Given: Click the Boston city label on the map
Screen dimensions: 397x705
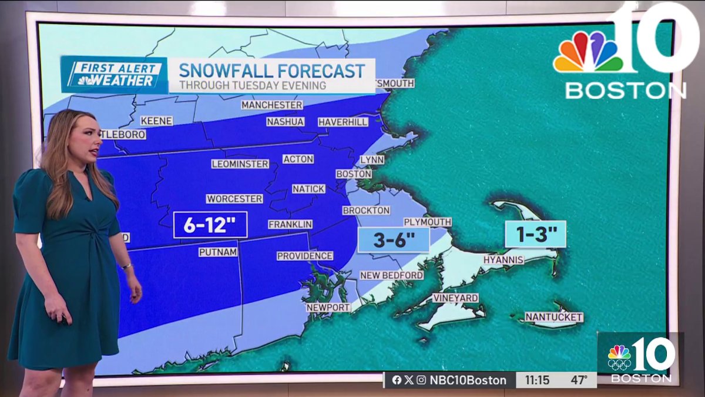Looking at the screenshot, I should pos(354,174).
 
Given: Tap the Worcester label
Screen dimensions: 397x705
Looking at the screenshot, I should pos(234,199).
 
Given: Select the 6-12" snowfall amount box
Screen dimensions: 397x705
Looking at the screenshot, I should pos(210,225).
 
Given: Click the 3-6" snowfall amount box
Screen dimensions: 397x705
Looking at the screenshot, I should pos(394,240).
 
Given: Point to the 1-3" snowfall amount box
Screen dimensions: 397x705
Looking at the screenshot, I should pos(535,234).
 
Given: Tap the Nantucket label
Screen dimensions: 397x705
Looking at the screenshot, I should pos(553,317).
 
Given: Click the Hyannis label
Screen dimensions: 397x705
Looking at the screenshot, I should pos(503,259).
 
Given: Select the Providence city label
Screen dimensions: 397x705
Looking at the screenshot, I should pos(304,256).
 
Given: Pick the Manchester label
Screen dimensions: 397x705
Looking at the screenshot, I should pos(271,105).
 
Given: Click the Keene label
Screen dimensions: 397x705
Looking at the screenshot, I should pos(156,121).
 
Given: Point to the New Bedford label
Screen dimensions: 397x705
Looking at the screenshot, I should pos(391,275).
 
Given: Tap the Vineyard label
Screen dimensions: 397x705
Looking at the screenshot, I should pos(455,298).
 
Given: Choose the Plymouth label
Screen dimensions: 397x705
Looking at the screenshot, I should pos(427,222).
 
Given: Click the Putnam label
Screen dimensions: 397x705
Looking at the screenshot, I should pos(217,252).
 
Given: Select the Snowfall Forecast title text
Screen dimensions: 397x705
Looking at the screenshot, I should pos(271,71).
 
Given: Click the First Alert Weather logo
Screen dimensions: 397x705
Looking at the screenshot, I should pos(114,75).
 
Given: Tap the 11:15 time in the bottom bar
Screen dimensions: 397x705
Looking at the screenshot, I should pos(537,380).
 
